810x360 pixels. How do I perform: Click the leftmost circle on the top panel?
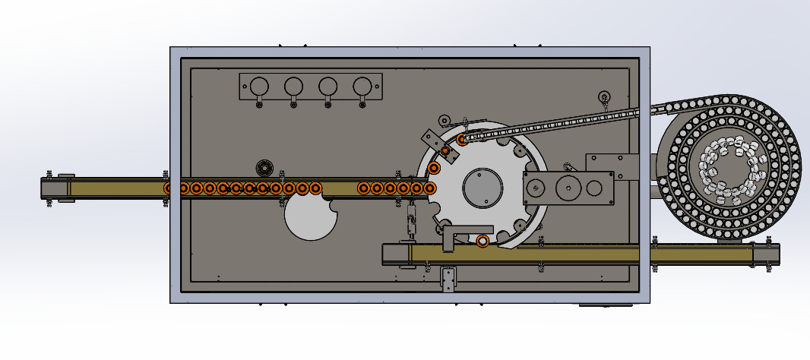tap(259, 86)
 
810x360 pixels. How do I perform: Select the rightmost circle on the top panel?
tap(362, 86)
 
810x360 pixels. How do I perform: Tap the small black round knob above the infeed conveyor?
tap(264, 167)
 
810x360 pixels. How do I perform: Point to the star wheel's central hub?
tap(482, 187)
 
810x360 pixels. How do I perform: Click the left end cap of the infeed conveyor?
tap(58, 188)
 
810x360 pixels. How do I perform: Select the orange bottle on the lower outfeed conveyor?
tap(483, 242)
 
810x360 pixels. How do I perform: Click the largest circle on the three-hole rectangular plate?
tap(566, 188)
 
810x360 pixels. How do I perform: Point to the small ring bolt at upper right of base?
tap(604, 96)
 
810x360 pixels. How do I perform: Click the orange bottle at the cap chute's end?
tap(462, 140)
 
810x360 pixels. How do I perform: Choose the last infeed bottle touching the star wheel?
tap(430, 188)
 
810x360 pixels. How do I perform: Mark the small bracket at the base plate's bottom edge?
tap(448, 279)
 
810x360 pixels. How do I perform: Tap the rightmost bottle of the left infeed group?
tap(315, 188)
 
